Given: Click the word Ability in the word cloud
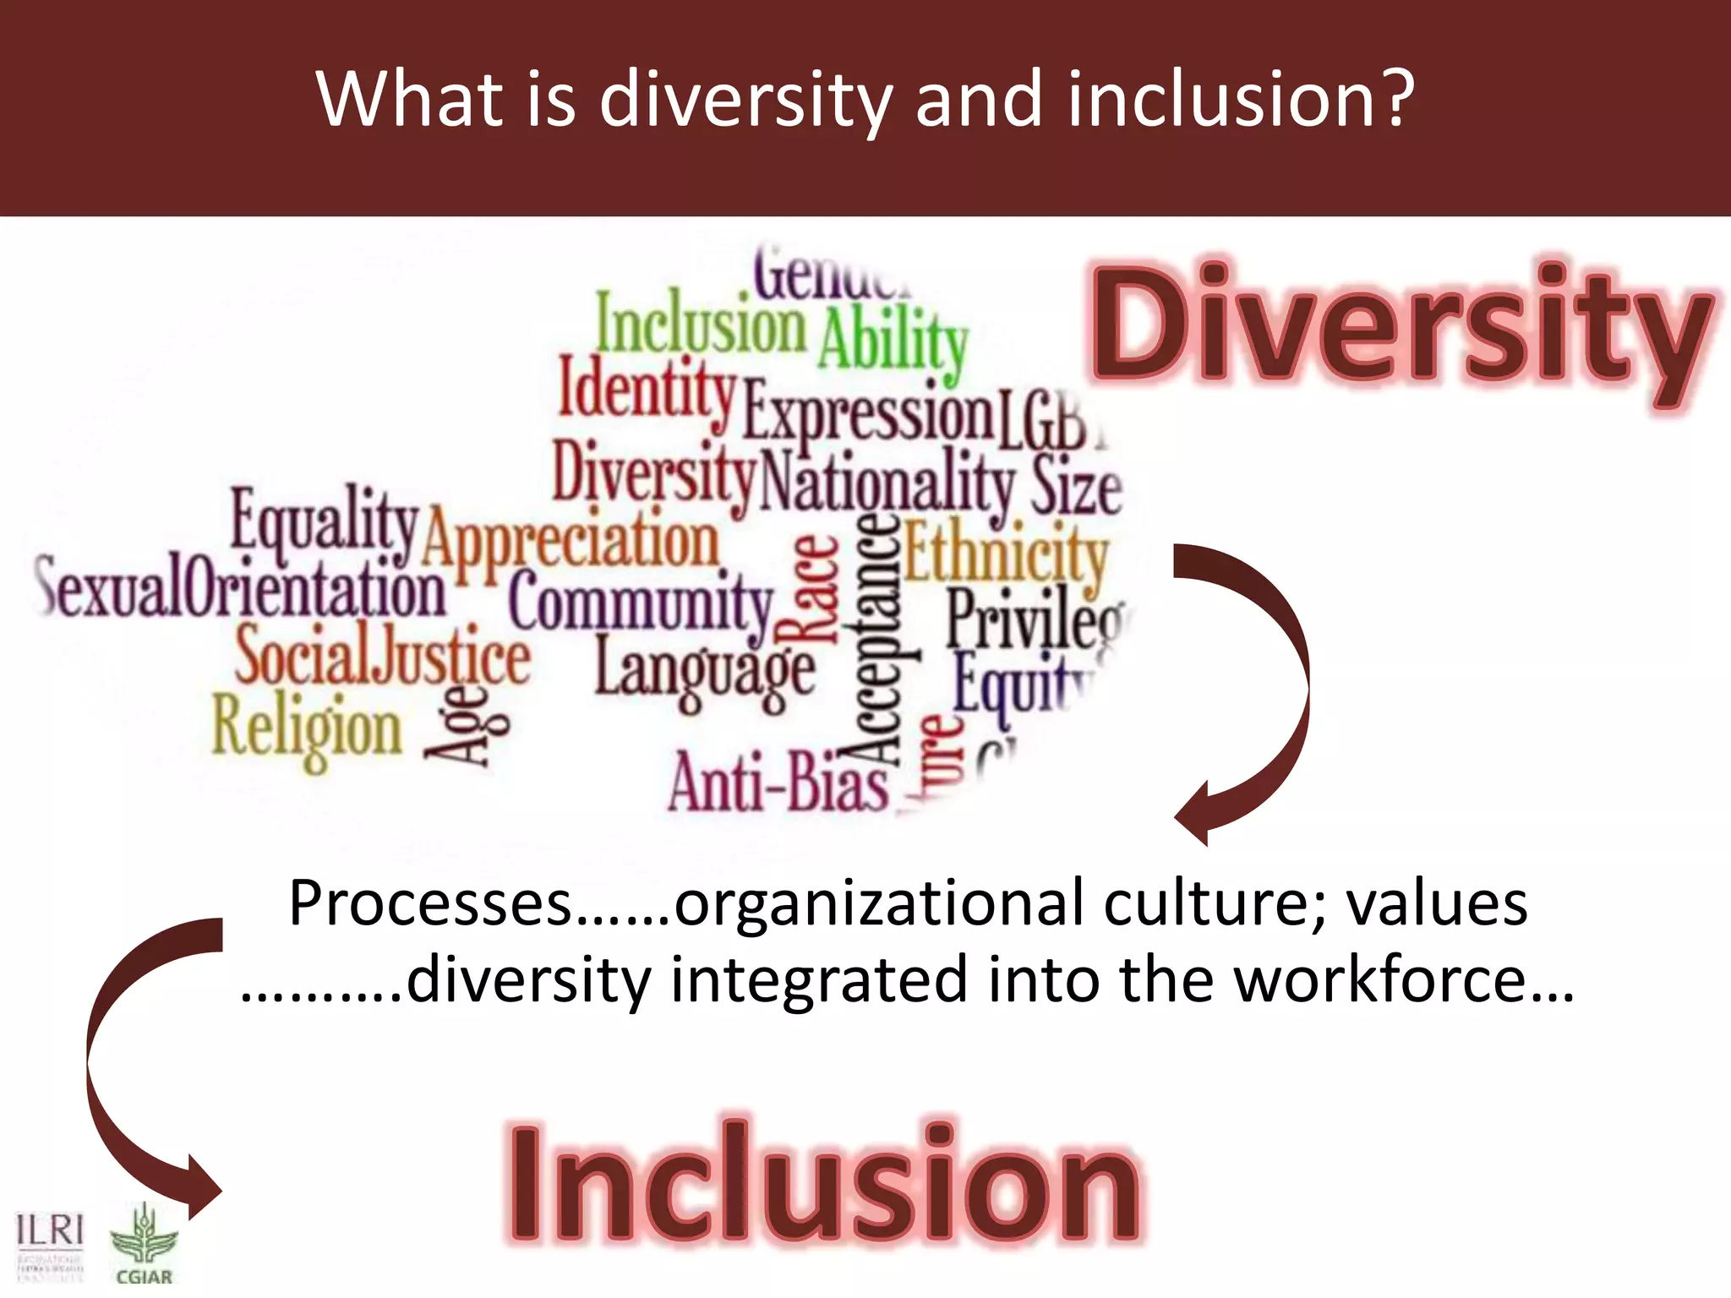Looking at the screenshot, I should click(893, 342).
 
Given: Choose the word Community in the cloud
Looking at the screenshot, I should click(641, 603).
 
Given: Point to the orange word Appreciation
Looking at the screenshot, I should click(571, 542).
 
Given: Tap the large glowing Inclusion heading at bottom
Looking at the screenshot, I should click(824, 1183).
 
